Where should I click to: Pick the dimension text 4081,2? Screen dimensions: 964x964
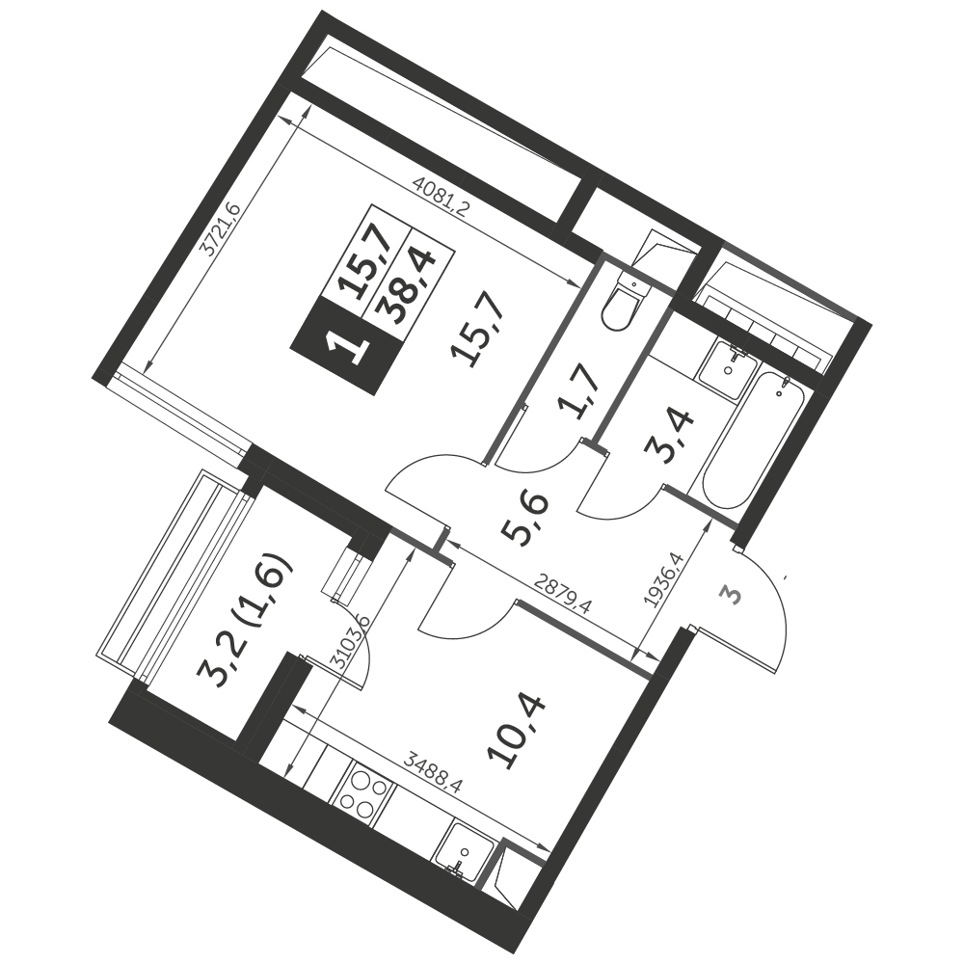point(442,195)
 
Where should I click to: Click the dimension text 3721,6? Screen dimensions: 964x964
point(221,229)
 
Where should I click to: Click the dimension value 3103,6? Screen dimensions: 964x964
point(349,641)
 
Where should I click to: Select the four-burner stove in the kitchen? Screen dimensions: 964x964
point(361,794)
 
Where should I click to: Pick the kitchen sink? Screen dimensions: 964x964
point(465,851)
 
